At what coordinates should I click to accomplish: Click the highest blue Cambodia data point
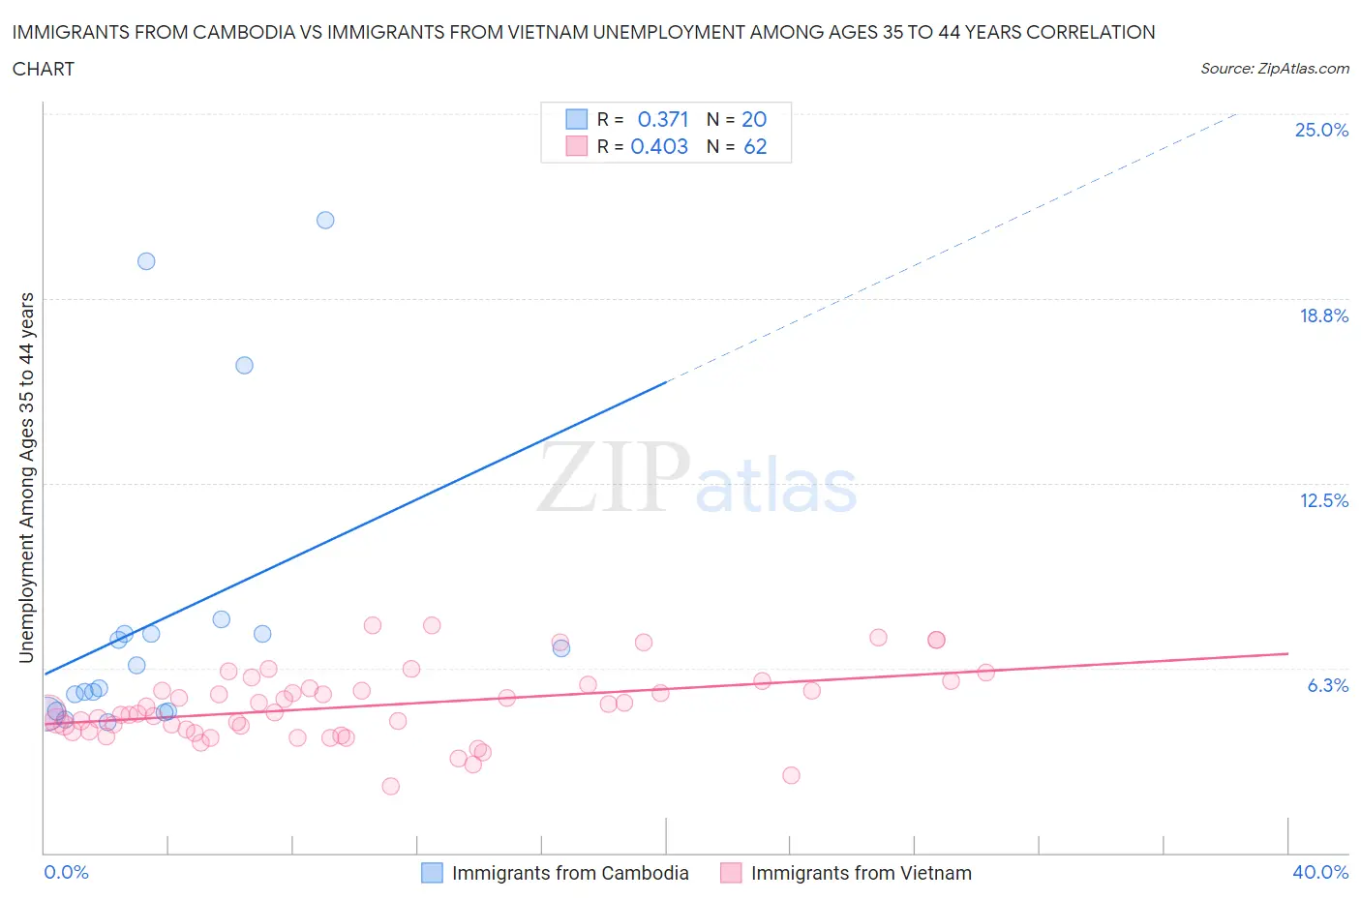(325, 220)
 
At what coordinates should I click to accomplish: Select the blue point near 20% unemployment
(146, 261)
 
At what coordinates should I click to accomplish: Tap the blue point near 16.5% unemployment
(244, 365)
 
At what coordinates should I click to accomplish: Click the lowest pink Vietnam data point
(390, 786)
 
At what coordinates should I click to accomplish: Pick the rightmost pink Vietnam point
(985, 673)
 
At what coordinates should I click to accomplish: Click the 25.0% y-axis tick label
(1321, 130)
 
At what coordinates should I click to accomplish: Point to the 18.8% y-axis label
(1323, 315)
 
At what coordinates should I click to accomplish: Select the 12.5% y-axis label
(1323, 500)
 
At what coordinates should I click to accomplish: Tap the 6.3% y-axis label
(1327, 685)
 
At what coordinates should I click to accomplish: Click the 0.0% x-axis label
(66, 872)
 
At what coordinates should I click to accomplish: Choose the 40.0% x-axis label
(1319, 872)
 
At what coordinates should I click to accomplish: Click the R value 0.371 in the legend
(663, 119)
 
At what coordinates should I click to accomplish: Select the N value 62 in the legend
(755, 146)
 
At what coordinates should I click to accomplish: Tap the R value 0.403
(659, 146)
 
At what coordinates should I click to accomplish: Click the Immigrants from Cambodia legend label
(570, 873)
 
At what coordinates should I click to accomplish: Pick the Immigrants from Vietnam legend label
(861, 873)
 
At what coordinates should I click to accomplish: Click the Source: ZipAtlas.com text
(1274, 69)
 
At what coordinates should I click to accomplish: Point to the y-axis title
(27, 477)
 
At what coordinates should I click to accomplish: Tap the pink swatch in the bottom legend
(731, 873)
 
